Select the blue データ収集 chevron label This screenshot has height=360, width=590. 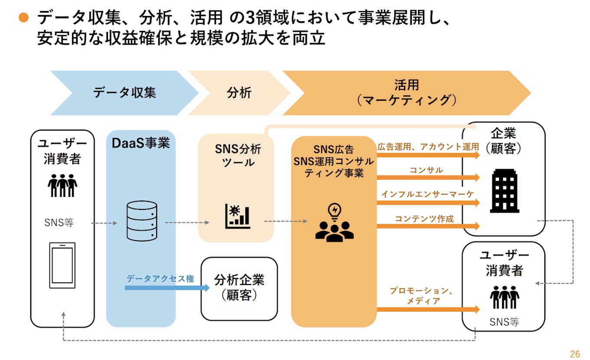point(125,93)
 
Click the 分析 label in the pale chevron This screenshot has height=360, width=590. point(239,93)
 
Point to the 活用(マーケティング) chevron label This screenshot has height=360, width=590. point(406,93)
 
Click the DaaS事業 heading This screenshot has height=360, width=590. point(141,143)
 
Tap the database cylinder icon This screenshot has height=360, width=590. point(141,221)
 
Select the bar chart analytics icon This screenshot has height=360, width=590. point(237,216)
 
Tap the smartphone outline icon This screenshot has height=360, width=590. point(62,265)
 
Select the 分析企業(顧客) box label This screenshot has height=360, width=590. point(239,287)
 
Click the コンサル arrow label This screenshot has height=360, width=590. point(426,170)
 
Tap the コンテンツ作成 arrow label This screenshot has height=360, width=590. point(424,219)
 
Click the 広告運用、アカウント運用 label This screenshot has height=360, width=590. point(428,147)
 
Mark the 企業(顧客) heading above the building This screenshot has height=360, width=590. point(503,141)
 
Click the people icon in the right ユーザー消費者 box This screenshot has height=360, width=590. point(504,297)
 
